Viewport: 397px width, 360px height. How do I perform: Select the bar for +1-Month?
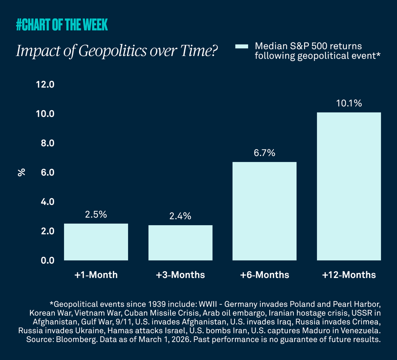(96, 242)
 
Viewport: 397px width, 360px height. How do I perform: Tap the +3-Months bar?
(180, 243)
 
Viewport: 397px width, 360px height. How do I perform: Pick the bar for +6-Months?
(265, 211)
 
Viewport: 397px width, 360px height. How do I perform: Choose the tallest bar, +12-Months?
(349, 186)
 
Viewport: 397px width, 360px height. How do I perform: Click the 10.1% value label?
(349, 103)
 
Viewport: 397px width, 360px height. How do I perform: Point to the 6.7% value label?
(265, 153)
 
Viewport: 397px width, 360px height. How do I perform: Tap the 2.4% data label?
(180, 216)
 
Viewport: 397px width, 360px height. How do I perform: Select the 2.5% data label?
(96, 214)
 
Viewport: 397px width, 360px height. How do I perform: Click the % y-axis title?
(22, 172)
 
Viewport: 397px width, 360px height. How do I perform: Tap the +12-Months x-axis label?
(349, 275)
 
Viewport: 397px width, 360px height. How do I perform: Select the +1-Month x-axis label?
(96, 275)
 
